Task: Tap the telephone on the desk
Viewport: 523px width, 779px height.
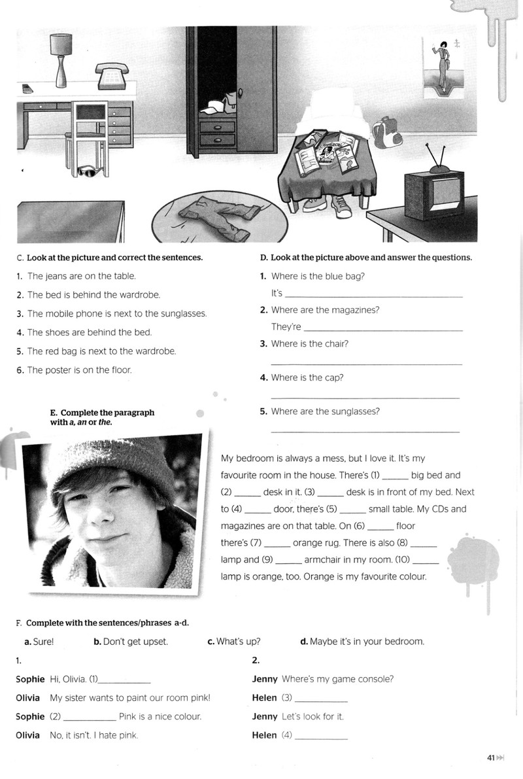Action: click(112, 75)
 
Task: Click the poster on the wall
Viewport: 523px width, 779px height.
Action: click(443, 67)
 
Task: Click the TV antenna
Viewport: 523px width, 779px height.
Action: click(436, 156)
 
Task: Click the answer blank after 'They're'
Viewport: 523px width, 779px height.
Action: click(383, 330)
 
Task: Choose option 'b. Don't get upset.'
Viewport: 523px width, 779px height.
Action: click(131, 642)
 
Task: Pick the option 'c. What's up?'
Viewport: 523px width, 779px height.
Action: click(234, 642)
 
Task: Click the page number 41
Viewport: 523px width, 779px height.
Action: click(491, 757)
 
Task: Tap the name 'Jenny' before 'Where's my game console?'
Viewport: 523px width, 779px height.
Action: click(265, 679)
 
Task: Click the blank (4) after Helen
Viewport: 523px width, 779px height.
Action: click(321, 738)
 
